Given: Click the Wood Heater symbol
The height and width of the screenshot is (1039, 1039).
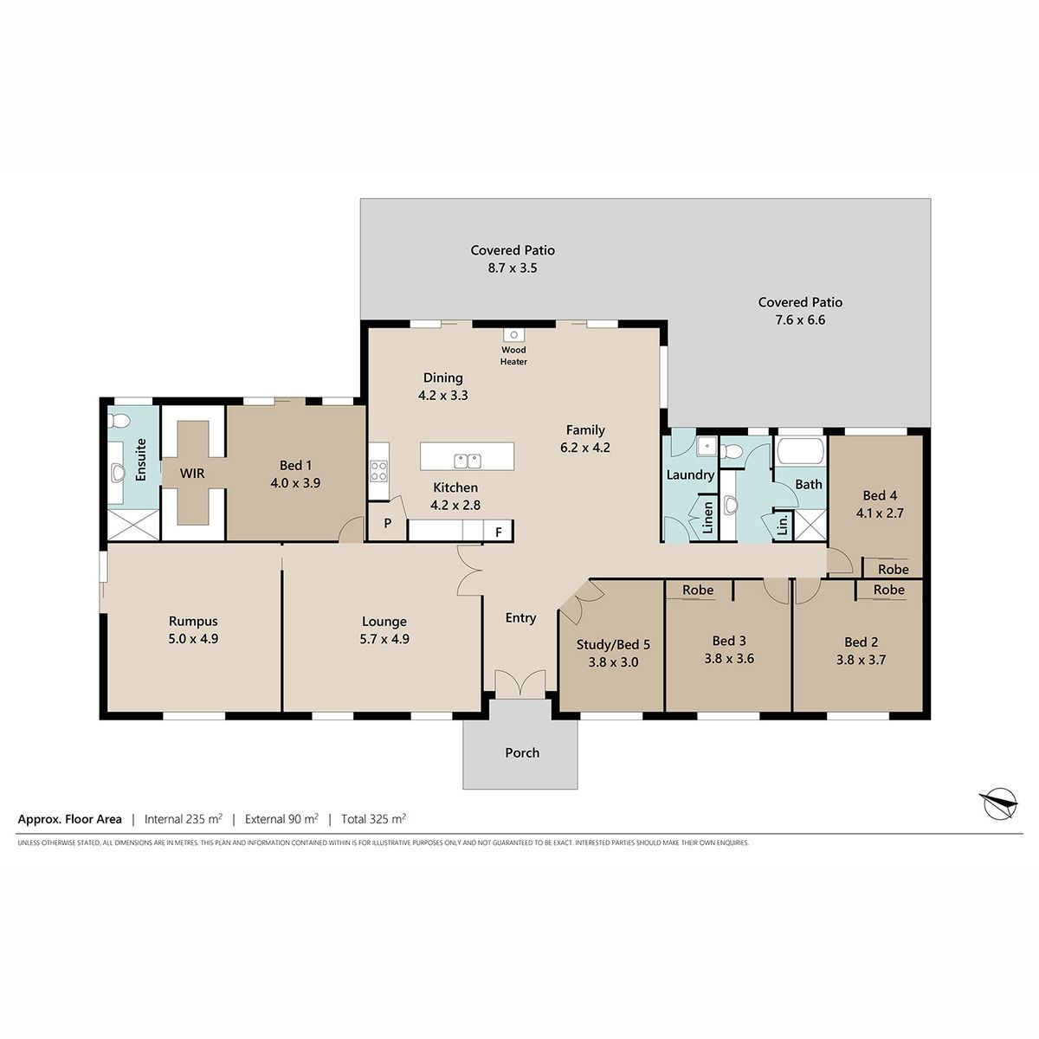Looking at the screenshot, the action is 513,335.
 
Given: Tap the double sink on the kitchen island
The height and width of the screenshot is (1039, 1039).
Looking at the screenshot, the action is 467,461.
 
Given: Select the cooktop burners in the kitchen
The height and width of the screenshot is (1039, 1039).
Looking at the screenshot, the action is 378,470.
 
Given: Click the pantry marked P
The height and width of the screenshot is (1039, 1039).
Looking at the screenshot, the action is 387,522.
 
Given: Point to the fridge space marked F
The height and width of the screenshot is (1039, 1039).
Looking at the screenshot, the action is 498,531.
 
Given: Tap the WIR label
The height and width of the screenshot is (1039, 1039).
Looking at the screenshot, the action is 192,474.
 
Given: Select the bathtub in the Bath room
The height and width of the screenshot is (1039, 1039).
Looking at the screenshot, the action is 800,451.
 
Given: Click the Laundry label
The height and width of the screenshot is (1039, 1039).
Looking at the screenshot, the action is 690,475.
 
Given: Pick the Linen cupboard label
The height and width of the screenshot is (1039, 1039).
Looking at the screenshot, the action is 708,518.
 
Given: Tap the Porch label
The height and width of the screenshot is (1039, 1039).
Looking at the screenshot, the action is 522,752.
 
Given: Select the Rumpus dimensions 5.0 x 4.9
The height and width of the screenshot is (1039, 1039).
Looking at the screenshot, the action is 193,639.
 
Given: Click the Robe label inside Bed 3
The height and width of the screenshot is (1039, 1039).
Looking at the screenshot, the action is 698,590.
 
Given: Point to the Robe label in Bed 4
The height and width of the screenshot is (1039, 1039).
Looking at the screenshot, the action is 893,570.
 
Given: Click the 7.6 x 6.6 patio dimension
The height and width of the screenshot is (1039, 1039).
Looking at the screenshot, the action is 800,319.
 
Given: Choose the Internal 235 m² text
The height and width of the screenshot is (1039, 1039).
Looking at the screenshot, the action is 184,819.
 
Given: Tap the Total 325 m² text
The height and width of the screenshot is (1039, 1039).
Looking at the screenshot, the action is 374,819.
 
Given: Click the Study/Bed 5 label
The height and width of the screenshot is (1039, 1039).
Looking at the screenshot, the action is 613,645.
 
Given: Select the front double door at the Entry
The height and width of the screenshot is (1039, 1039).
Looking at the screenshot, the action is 520,684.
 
